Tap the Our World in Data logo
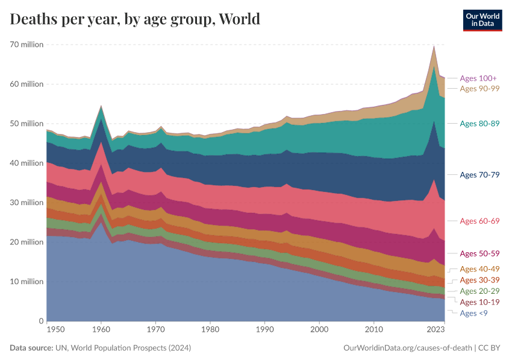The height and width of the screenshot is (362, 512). (482, 20)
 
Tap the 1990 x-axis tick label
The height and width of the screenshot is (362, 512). (264, 330)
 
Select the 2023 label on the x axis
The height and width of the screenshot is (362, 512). (435, 330)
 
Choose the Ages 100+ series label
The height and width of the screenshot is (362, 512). (478, 78)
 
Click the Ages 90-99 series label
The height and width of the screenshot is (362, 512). (479, 89)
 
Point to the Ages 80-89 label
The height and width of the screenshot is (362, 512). (479, 124)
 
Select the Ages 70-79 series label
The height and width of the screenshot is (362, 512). (479, 174)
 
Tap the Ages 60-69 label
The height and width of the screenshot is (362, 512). (479, 221)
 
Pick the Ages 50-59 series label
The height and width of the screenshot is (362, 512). (479, 253)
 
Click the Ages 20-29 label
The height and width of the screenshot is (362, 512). (479, 291)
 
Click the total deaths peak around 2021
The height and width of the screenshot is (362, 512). (434, 46)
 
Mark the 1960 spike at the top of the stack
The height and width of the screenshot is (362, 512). (101, 106)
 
